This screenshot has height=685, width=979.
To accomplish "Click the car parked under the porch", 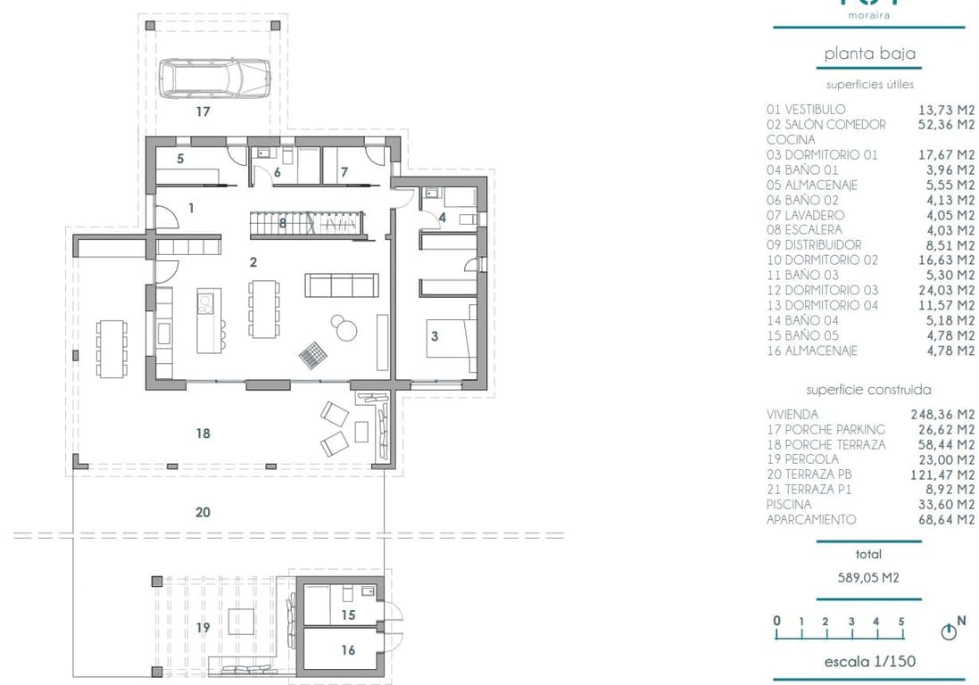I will coord(213,78).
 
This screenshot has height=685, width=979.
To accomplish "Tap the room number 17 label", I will coord(203,112).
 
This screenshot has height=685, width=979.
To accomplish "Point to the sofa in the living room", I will coord(339,285).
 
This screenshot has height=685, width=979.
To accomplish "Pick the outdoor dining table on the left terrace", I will coord(112,348).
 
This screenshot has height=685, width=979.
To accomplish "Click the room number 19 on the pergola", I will coord(203,628).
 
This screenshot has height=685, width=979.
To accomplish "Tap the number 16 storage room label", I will coord(348,650).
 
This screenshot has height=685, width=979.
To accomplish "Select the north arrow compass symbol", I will coord(950,631).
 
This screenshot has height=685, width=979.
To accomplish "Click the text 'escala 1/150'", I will coord(868,662).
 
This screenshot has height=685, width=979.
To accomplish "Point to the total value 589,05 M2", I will coord(868,577).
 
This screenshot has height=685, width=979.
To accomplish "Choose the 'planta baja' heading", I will coord(869,54).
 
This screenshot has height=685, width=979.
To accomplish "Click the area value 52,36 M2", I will coord(946,125).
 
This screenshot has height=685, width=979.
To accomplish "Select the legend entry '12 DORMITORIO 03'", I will coord(822,290).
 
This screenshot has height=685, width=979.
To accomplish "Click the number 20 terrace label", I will coord(203,512).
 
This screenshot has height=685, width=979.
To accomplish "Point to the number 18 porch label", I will coord(203,433).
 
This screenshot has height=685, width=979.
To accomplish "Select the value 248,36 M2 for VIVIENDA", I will coord(946,414).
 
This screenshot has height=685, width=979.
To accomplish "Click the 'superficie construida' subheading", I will coord(868,390).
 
